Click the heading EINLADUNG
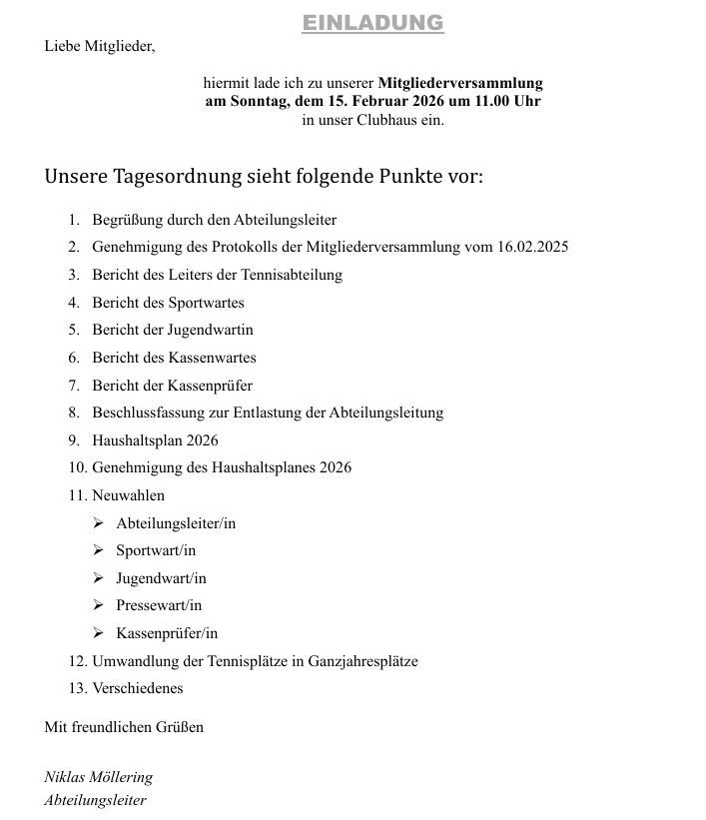372,23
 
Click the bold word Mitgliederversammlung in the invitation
460,83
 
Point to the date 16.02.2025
532,247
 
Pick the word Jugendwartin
210,330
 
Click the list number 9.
73,440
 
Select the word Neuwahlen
128,495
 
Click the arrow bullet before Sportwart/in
98,550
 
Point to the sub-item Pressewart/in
159,605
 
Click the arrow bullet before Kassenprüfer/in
98,633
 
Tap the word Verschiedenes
138,688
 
